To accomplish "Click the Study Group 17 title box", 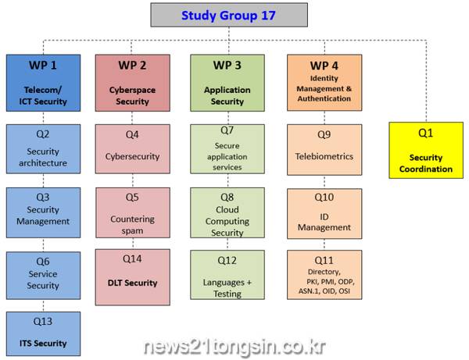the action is point(229,15).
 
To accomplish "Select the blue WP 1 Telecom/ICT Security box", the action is point(43,83).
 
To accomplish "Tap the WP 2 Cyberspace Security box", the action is point(133,83).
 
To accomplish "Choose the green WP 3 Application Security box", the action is point(227,83).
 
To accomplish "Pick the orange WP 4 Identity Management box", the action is point(324,83).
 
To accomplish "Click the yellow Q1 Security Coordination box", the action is point(426,150).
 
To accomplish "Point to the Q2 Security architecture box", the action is point(43,149).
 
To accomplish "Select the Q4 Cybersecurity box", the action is point(133,149).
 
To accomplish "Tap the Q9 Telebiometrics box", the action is point(324,150).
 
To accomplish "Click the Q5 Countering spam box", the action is point(133,212).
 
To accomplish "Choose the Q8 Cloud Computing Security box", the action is point(227,212).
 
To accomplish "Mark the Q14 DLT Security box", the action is point(133,277).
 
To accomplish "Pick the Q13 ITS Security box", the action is point(43,333).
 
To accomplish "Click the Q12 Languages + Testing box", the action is point(227,275).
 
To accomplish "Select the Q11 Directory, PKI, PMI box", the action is point(324,275).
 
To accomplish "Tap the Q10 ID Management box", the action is point(324,214).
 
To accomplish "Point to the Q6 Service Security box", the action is point(43,276).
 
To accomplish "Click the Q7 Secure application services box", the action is point(227,149).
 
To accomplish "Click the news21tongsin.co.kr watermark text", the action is point(234,348).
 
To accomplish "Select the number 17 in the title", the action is point(268,16).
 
